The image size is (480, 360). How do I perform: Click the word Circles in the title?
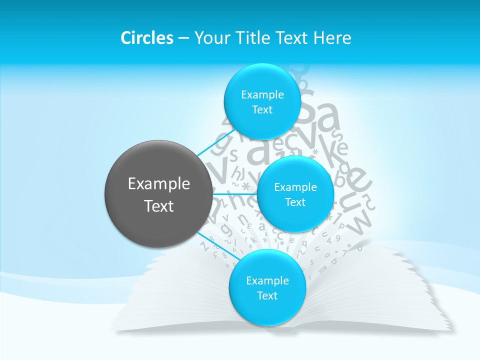147,38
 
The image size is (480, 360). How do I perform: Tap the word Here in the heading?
332,38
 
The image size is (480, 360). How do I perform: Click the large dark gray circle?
158,193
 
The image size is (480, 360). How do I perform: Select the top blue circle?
262,101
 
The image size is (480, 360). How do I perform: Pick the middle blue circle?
295,194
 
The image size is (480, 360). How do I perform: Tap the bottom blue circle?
267,287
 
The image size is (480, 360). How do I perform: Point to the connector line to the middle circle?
235,193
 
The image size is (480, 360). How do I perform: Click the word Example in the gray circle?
159,184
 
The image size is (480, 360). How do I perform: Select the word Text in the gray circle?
159,206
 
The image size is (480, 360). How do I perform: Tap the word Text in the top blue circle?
262,110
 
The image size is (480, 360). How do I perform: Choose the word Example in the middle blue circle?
295,187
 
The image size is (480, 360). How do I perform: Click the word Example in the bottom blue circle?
267,281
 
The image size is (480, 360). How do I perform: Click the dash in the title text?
183,38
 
